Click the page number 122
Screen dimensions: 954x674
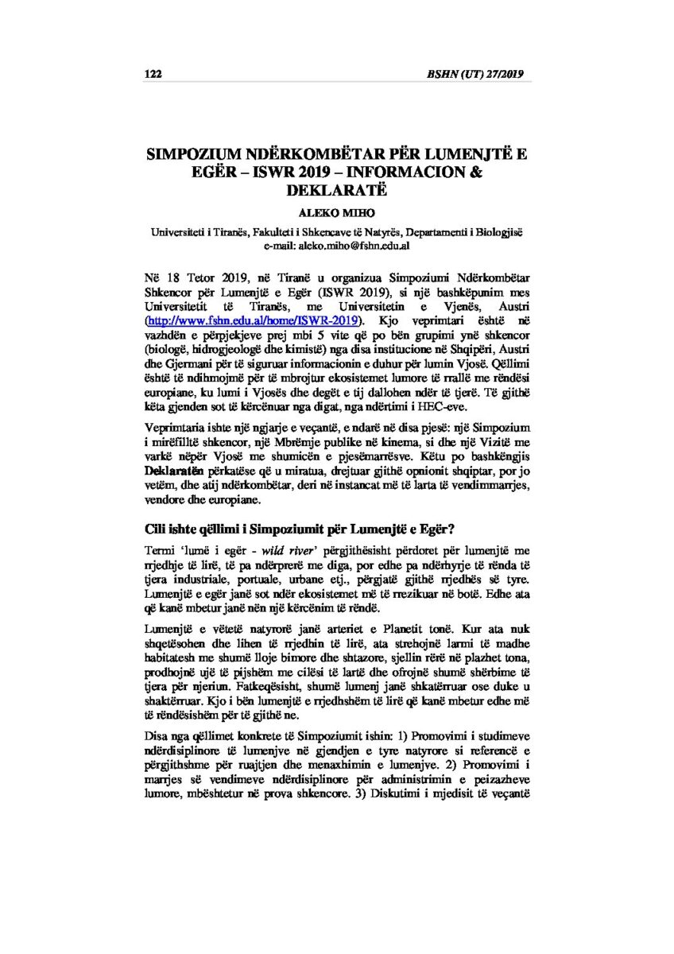coord(153,75)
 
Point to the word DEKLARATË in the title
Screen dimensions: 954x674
coord(337,191)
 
